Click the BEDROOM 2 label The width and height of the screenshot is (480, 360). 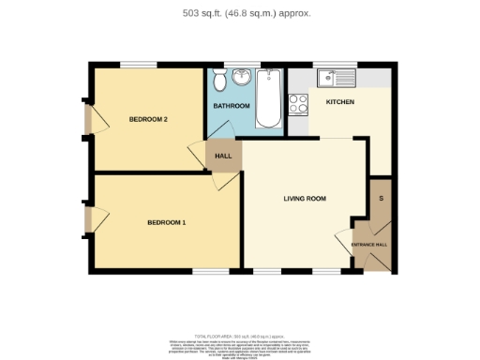(148, 119)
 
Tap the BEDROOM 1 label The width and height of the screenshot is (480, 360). (166, 222)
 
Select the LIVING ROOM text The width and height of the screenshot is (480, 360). (305, 199)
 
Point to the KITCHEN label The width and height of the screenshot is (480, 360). (339, 101)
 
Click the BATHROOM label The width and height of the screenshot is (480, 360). (230, 106)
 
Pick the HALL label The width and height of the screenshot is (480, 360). (223, 156)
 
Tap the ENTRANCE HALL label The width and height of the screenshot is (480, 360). (369, 245)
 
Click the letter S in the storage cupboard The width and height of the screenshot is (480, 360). (381, 199)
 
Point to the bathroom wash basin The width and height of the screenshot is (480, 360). (242, 78)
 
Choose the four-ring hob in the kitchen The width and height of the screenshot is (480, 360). (299, 104)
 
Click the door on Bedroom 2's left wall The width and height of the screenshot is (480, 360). (87, 119)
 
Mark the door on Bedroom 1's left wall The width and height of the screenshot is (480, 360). (87, 220)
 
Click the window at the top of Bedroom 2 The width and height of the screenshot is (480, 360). (137, 65)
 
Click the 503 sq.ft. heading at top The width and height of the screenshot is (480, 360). (240, 13)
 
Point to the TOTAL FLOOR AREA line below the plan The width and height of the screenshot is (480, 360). (240, 335)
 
